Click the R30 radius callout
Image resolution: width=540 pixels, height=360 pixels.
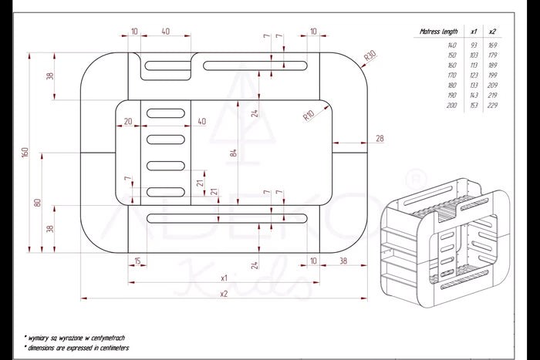tap(370, 56)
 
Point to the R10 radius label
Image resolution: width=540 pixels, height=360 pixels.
tap(308, 115)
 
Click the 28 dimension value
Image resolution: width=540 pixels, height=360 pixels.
tap(380, 138)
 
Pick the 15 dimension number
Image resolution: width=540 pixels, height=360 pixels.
tap(138, 261)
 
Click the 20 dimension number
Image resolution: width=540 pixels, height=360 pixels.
tap(128, 121)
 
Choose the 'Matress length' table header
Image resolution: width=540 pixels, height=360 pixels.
tap(437, 32)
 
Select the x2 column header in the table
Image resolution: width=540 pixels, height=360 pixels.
tap(492, 32)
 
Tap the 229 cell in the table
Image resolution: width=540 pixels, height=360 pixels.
tap(492, 104)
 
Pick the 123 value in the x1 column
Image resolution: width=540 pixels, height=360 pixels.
tap(473, 76)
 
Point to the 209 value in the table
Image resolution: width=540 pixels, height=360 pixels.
tap(492, 85)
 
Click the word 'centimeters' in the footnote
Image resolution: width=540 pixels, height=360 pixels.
tap(110, 348)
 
